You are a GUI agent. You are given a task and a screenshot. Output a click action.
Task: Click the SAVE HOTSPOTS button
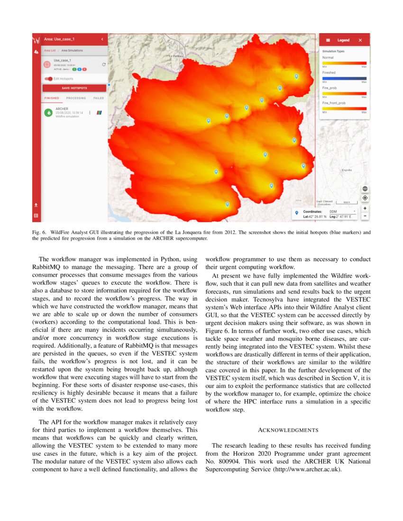point(74,88)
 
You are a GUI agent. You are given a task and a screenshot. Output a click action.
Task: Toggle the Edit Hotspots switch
point(48,79)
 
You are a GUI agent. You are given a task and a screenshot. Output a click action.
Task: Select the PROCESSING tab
point(76,98)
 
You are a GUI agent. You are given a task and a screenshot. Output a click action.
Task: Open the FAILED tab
point(98,98)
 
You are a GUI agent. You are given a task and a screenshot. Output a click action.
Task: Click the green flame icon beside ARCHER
point(48,113)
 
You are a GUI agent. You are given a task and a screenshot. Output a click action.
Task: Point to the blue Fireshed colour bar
point(344,78)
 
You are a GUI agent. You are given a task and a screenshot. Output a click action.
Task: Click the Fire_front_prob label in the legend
point(334,103)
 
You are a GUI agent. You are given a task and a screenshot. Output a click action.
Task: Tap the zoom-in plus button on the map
point(365,208)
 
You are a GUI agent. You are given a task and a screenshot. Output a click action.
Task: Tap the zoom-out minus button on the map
point(365,216)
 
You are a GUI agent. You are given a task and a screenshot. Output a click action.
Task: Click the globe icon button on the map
point(365,189)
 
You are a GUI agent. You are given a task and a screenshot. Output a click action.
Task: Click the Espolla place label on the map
point(347,170)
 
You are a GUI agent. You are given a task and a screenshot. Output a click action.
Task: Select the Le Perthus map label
point(176,56)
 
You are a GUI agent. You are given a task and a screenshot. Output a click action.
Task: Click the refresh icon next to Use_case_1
point(104,64)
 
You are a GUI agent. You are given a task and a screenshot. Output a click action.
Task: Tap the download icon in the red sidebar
point(36,205)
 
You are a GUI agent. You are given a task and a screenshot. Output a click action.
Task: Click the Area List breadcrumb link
point(50,50)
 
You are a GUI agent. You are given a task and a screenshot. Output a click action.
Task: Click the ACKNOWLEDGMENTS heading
point(287,430)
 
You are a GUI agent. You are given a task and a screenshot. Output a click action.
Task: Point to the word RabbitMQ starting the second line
point(46,267)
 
